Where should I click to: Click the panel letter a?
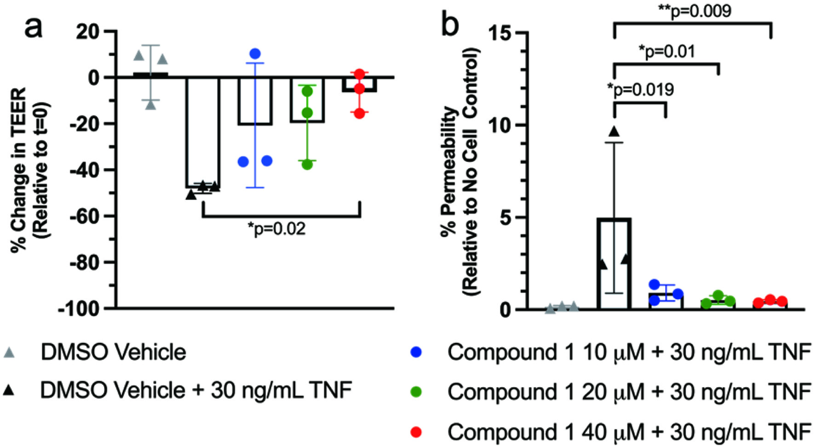coord(34,28)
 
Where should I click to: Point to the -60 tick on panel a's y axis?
coord(110,216)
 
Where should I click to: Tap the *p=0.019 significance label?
coord(641,89)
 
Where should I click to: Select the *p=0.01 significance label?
coord(667,51)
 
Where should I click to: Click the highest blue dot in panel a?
coord(255,54)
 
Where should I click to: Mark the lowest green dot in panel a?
coord(307,164)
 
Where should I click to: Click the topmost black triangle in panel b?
coord(614,132)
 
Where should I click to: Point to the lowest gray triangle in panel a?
coord(151,105)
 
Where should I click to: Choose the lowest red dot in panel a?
coord(360,113)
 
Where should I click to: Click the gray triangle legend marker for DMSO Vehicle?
coord(9,353)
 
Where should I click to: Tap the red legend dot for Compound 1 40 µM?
coord(416,432)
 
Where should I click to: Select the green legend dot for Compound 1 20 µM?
coord(416,392)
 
